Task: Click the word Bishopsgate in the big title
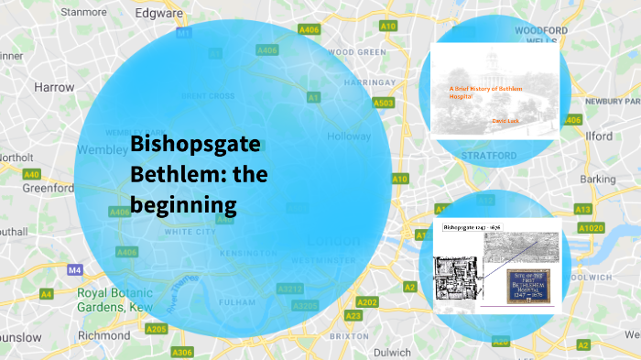(195, 145)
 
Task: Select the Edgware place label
(160, 14)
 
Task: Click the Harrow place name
(53, 88)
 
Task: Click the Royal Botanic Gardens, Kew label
(116, 300)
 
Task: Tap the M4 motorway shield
(75, 270)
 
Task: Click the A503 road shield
(384, 104)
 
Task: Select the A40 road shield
(32, 174)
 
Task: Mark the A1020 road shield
(591, 227)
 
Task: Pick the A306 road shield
(182, 352)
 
